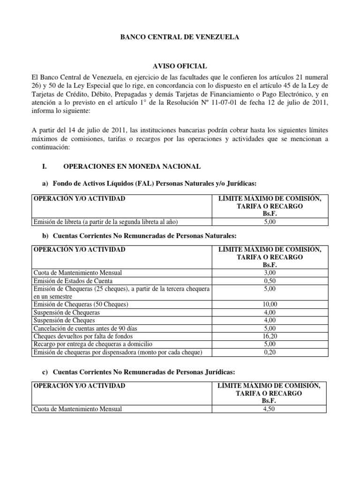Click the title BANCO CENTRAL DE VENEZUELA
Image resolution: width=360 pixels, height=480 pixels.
(180, 37)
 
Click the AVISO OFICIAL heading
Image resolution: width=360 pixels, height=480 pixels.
(180, 67)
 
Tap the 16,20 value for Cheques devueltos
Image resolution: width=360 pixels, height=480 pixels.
(269, 337)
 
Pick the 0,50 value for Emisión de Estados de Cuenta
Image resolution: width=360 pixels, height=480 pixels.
(269, 280)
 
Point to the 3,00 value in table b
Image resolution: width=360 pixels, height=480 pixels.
(269, 272)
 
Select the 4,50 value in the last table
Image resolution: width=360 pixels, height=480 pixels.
(269, 409)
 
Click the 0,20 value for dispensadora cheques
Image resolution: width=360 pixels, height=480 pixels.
(269, 352)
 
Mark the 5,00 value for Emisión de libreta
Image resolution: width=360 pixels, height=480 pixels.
(269, 222)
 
